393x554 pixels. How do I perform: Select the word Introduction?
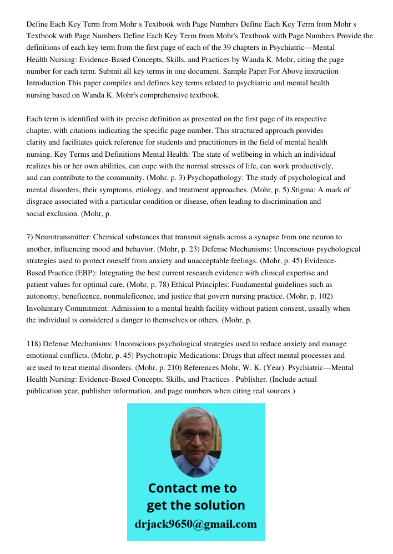(47, 83)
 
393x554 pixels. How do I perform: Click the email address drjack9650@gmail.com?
(196, 524)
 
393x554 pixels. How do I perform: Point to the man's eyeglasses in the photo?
(196, 435)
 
